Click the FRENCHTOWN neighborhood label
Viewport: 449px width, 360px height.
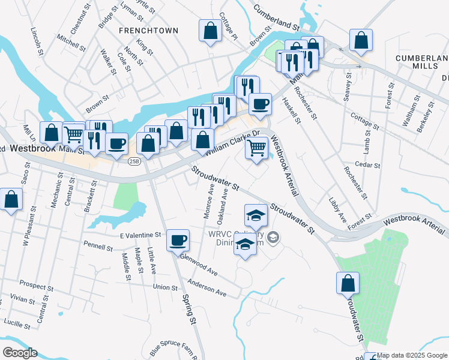[x=148, y=30]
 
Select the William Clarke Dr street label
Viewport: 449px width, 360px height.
[x=232, y=143]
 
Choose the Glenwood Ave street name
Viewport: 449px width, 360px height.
[x=199, y=264]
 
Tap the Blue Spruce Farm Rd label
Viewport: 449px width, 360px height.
[x=173, y=349]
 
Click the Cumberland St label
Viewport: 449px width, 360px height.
[x=276, y=19]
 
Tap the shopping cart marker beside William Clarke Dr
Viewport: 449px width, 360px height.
[x=257, y=147]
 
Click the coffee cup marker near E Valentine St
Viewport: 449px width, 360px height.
[x=178, y=241]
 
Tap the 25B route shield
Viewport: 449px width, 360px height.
[x=134, y=160]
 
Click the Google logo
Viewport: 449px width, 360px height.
[x=20, y=353]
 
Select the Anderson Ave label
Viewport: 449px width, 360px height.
[x=206, y=289]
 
